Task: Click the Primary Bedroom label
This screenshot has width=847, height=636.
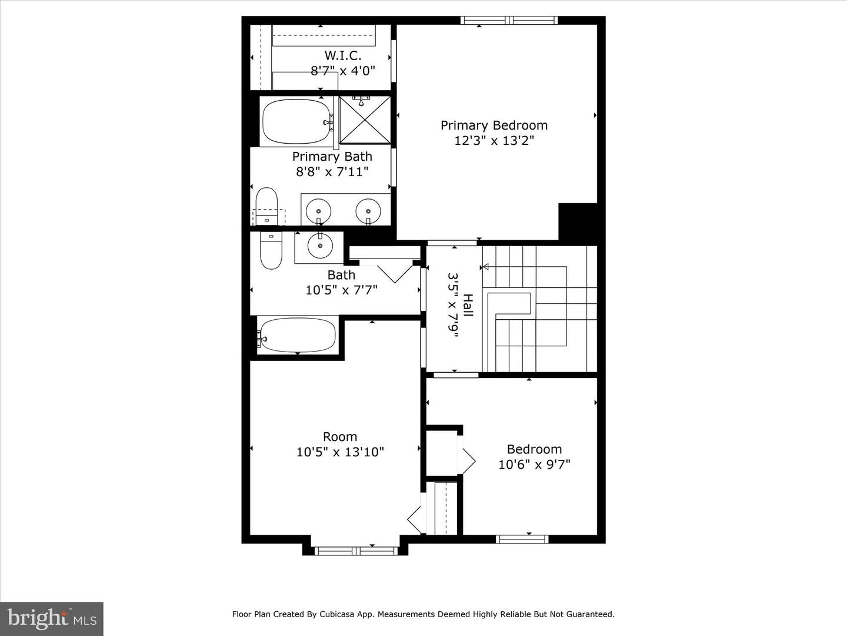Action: tap(494, 125)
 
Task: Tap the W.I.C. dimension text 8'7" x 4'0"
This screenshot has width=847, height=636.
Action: tap(343, 71)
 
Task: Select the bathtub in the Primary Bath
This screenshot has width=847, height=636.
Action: tap(296, 122)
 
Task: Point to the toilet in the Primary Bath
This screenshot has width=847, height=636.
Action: tap(266, 204)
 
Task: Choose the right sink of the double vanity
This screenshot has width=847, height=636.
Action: tap(368, 209)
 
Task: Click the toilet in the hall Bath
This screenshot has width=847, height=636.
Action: tap(271, 251)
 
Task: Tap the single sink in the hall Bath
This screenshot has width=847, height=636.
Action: tap(320, 247)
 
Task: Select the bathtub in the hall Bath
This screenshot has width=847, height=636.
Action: tap(298, 335)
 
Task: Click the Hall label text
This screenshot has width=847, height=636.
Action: tap(468, 305)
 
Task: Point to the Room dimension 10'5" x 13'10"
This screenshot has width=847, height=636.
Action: tap(340, 452)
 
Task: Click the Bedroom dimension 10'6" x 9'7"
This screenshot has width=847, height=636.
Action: tap(534, 465)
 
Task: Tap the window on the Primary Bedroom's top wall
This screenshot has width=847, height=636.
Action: tap(509, 21)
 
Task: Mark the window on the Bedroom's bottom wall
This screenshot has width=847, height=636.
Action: tap(522, 539)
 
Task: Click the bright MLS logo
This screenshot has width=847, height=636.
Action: tap(52, 618)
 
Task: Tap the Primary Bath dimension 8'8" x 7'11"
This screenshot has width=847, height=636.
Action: tap(332, 172)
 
